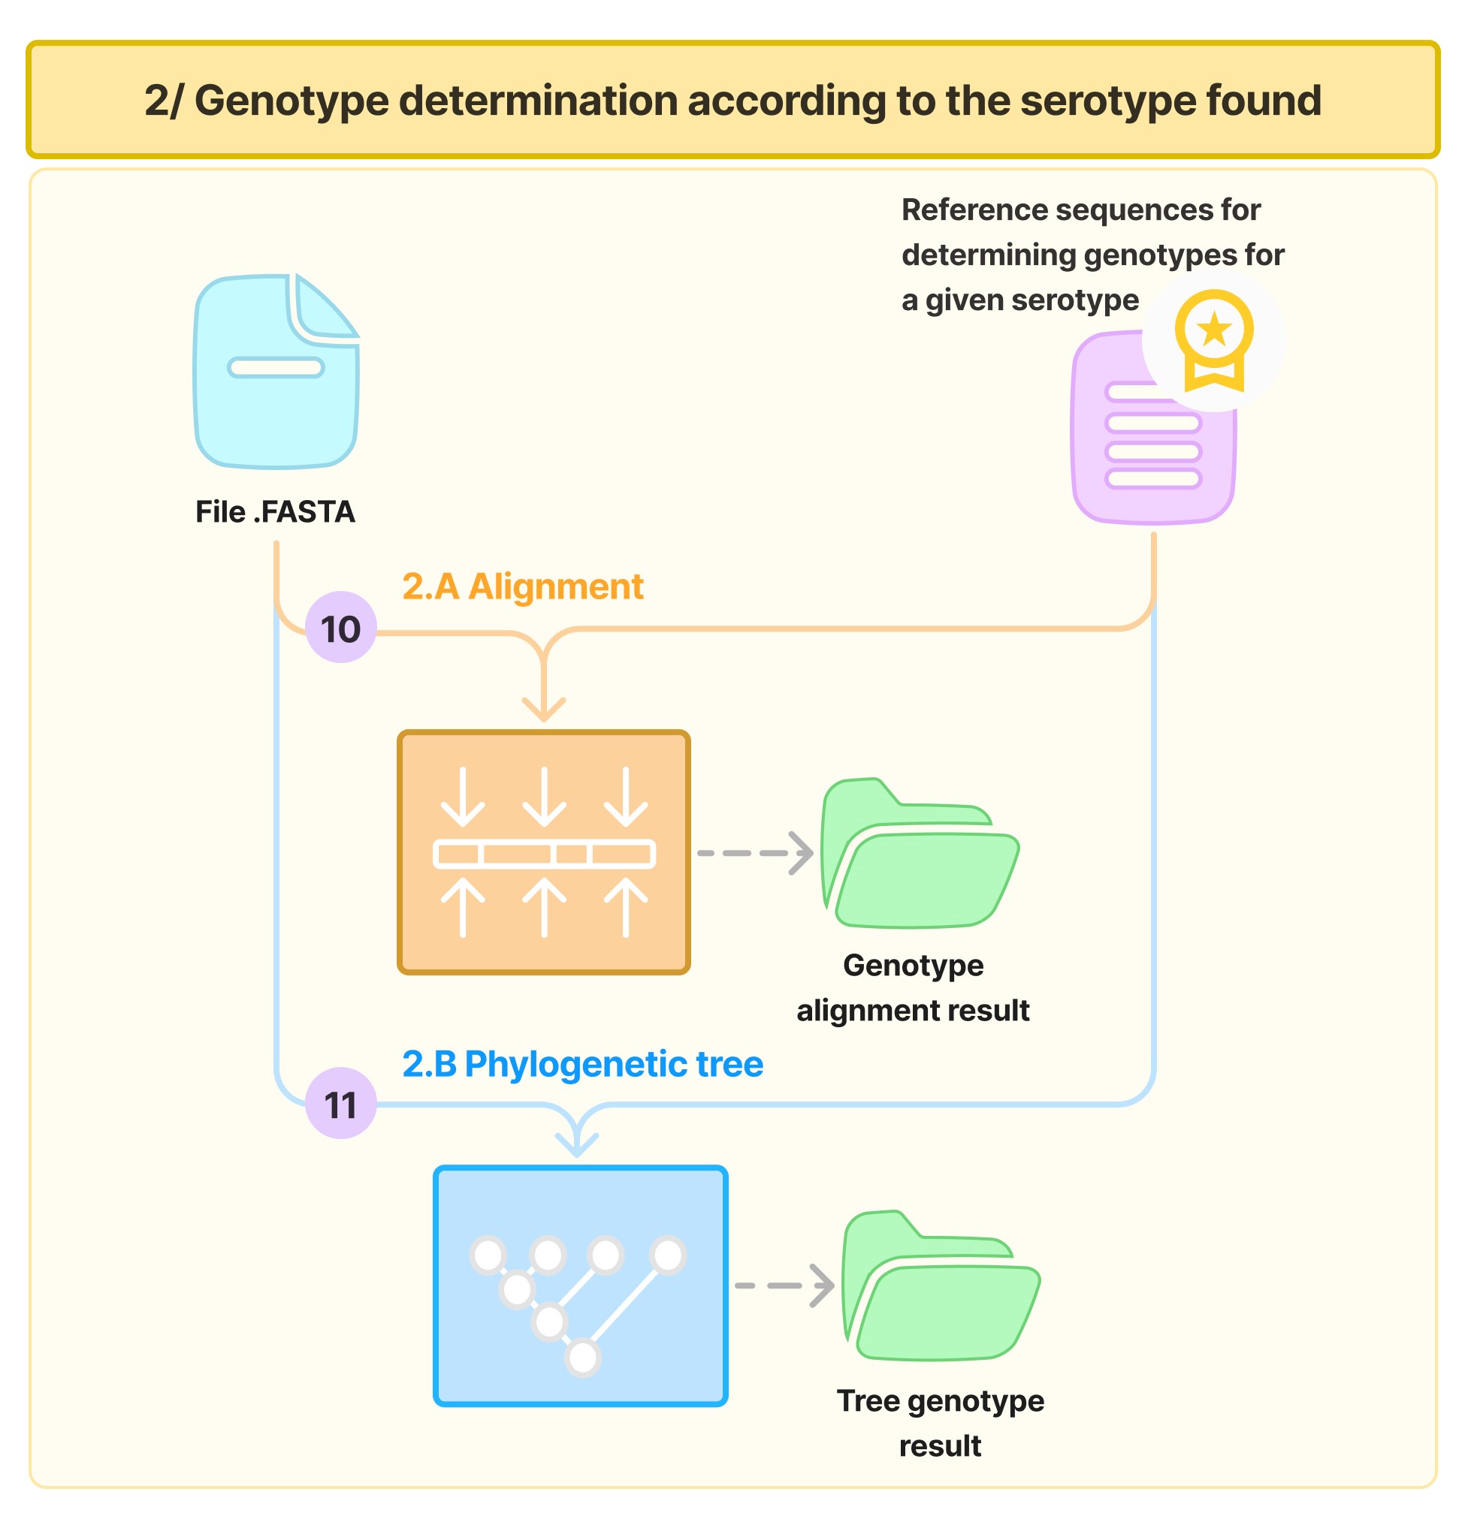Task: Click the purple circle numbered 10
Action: pos(340,628)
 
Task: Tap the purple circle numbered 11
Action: pos(340,1105)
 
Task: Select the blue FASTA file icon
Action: pos(276,371)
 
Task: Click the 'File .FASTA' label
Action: pos(275,512)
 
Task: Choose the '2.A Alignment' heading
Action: pos(522,586)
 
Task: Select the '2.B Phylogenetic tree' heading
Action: pos(582,1064)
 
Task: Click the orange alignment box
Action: pos(543,851)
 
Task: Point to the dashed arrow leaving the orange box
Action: pos(754,853)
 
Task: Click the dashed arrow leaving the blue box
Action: pos(783,1285)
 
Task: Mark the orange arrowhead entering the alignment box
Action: pos(543,708)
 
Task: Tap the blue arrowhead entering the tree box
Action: pos(577,1143)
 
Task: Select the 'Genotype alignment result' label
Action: pos(913,987)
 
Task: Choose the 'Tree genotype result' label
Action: pos(941,1423)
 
